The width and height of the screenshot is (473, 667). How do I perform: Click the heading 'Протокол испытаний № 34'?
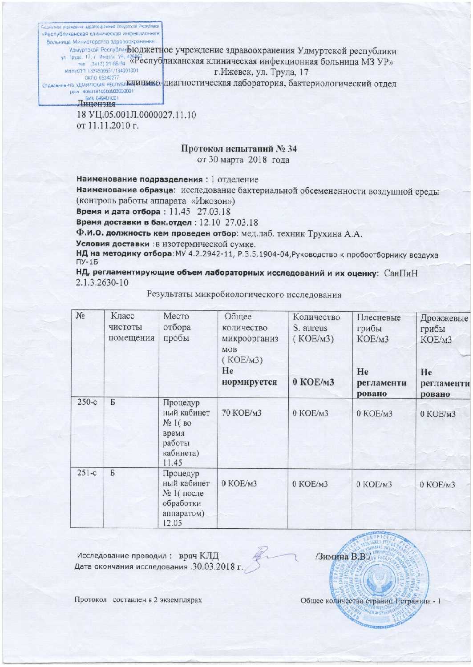(x=239, y=149)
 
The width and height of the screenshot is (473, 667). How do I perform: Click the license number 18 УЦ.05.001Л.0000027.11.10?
(x=136, y=115)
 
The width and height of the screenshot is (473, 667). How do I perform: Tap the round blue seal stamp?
(x=380, y=579)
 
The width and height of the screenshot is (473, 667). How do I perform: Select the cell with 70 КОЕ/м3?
(x=242, y=413)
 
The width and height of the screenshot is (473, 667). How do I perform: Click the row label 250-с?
(x=87, y=402)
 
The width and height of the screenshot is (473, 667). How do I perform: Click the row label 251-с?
(x=87, y=473)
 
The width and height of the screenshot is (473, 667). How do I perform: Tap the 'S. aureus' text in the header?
(x=310, y=328)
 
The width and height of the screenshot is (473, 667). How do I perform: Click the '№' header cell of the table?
(x=80, y=316)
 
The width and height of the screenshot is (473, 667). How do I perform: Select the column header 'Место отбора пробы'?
(x=176, y=327)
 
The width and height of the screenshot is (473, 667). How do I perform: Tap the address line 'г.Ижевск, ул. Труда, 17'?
(x=261, y=72)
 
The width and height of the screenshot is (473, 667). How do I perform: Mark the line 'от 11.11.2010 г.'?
(x=108, y=126)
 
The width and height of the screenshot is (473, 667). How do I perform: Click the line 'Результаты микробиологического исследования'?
(x=244, y=295)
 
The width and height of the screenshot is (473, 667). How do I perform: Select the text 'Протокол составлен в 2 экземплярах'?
(x=138, y=600)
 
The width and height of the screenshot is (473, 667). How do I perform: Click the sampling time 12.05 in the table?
(x=172, y=523)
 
